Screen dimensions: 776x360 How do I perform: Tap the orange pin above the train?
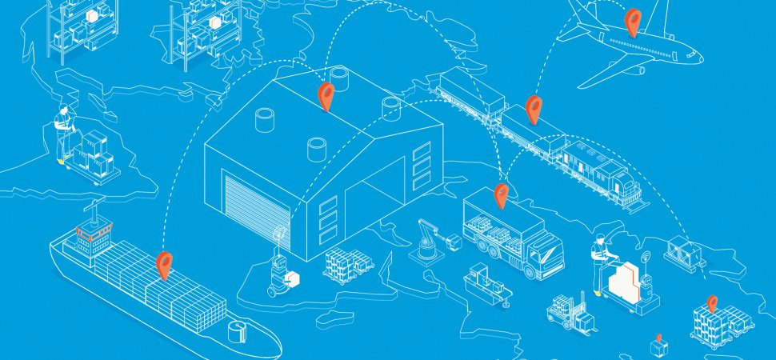click(x=534, y=108)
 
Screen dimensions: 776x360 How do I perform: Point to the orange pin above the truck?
click(x=501, y=194)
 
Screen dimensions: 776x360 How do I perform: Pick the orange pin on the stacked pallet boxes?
click(x=711, y=305)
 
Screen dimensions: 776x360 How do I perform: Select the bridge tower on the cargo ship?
click(x=90, y=232)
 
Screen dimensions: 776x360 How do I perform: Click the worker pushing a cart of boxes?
click(x=64, y=132)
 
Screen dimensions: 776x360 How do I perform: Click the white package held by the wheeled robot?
click(x=292, y=279)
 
